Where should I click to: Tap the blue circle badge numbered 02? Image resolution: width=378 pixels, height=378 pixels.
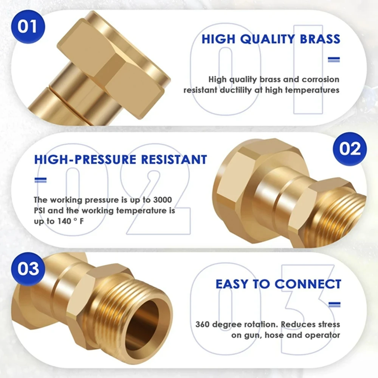(350, 149)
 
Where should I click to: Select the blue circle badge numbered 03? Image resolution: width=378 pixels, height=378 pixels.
(28, 269)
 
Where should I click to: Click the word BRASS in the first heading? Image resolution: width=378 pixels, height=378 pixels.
(320, 39)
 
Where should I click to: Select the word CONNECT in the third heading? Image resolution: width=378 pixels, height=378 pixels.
(308, 284)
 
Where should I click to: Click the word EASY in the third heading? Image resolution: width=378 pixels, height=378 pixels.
(232, 284)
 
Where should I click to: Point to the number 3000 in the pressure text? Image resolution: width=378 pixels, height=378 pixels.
(163, 200)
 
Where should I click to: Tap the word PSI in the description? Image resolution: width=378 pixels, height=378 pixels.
(40, 211)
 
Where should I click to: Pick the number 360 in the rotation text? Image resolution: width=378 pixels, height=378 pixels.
(203, 324)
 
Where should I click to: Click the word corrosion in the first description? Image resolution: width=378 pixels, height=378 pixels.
(321, 79)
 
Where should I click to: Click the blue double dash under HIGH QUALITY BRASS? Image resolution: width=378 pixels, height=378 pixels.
(334, 59)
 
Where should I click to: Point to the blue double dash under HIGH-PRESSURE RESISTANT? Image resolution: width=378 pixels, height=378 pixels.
(40, 180)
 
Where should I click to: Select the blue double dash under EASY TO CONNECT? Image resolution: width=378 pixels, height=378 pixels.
(335, 304)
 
